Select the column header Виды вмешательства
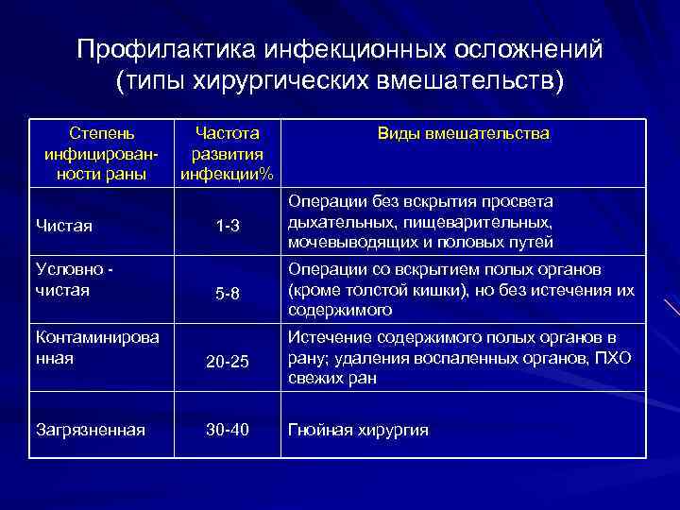[463, 134]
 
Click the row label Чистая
[63, 225]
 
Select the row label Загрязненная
[90, 430]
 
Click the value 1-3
[228, 226]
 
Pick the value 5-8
[228, 294]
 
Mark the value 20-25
[228, 360]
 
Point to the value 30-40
[228, 430]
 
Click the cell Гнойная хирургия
[359, 430]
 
